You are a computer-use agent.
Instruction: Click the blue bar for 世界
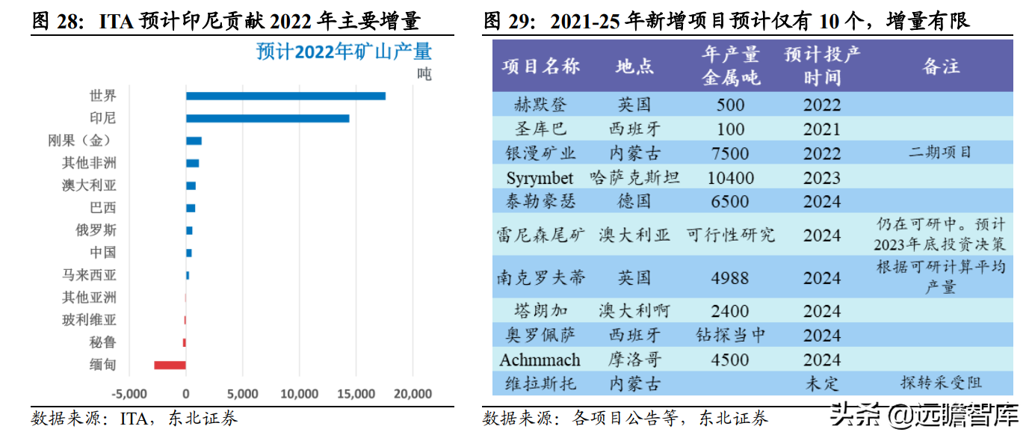285,96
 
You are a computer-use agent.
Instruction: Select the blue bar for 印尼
268,118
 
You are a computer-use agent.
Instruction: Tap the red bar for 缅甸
170,365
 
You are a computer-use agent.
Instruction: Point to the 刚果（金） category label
82,141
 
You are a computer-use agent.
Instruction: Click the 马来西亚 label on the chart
89,275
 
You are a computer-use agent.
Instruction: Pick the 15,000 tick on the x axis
356,394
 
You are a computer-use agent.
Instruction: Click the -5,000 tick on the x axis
129,394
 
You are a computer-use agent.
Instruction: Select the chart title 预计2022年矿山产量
344,52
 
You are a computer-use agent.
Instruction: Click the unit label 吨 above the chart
424,74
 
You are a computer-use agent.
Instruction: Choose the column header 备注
941,66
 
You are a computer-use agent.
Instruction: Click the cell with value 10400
730,178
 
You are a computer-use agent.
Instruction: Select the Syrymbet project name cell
540,178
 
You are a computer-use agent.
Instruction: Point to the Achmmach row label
540,360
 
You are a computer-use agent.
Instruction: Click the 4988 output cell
730,278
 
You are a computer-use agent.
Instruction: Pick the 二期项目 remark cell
940,152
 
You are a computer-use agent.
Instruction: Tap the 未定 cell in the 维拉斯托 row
822,383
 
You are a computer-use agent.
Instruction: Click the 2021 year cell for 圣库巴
822,129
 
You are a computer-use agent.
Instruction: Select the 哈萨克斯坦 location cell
634,178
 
